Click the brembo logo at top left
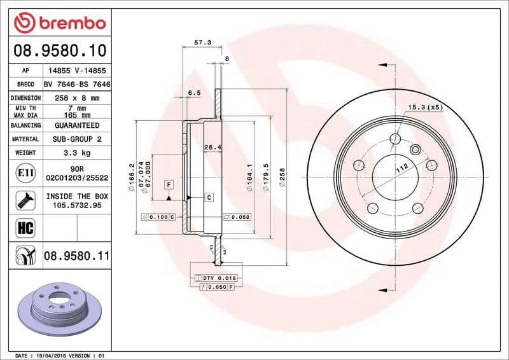59,23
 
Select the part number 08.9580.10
59,50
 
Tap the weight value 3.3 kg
77,153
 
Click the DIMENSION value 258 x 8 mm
77,98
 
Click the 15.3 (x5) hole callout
425,107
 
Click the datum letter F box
169,184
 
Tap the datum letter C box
209,198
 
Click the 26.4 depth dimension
212,148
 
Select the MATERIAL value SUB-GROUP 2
77,139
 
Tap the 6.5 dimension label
194,93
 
